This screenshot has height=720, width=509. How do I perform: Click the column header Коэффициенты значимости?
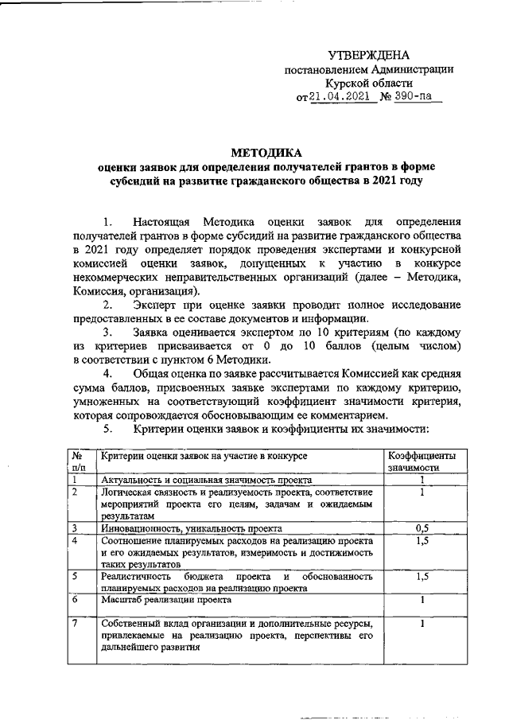(421, 462)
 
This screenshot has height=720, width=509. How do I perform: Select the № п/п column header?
(78, 462)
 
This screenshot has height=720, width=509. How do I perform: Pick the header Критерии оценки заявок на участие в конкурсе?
(203, 456)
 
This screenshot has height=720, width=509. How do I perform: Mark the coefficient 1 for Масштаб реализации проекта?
(421, 601)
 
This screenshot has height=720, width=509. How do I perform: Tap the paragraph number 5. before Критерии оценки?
(110, 430)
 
